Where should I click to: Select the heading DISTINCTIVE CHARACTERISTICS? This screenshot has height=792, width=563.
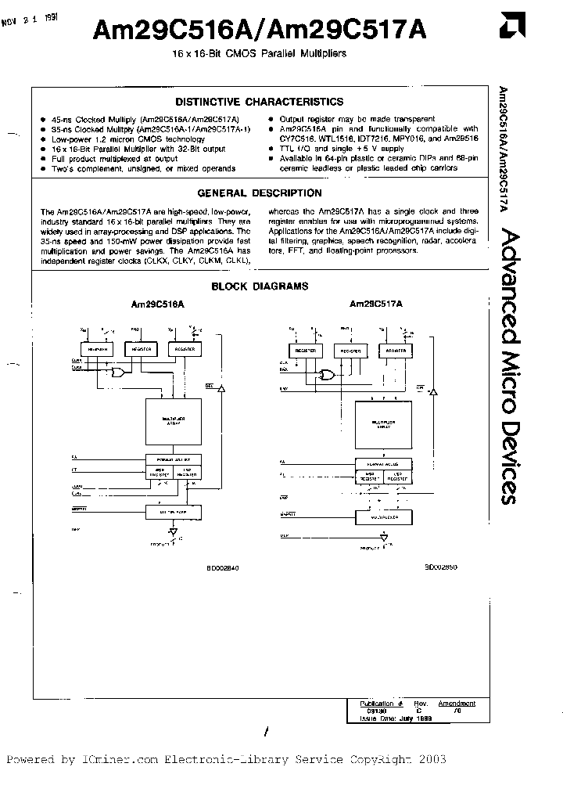[x=259, y=102]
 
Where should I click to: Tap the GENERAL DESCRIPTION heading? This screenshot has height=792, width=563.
[x=259, y=193]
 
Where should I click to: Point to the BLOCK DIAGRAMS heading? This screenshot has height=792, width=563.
[x=260, y=286]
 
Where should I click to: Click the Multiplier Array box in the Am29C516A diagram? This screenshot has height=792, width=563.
[x=172, y=422]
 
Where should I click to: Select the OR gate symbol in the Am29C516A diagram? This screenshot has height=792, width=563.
[x=120, y=373]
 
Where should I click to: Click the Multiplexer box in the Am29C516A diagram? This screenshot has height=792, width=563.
[x=172, y=512]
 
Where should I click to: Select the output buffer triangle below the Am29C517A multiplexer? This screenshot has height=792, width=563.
[x=383, y=538]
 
